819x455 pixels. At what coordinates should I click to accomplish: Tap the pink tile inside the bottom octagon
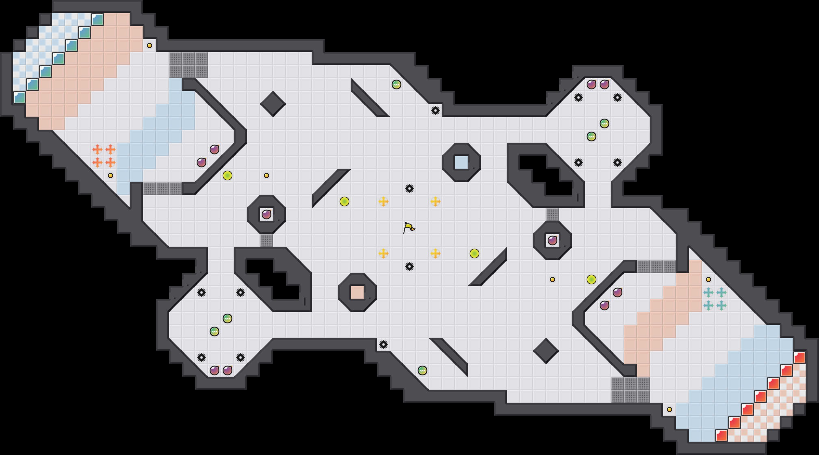pos(357,292)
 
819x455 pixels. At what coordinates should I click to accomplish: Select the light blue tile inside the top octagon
pos(461,162)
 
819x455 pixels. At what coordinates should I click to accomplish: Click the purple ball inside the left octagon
pos(266,214)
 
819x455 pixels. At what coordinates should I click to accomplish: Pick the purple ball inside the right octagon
pos(552,240)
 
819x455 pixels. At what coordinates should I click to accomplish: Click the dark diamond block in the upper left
pos(273,104)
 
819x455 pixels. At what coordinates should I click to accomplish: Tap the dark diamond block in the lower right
pos(546,351)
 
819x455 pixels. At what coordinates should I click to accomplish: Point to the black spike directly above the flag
pos(409,188)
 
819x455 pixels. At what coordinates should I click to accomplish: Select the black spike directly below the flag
pos(409,266)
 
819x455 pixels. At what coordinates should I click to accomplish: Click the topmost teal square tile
pos(97,19)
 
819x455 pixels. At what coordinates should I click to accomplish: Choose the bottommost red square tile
pos(721,435)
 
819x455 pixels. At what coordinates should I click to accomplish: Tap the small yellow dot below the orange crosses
pos(110,175)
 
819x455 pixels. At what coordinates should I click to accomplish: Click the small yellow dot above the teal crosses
pos(708,279)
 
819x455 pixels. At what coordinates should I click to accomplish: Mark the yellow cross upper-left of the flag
pos(383,201)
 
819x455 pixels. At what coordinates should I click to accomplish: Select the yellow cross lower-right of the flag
pos(435,253)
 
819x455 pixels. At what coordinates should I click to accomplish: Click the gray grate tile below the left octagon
pos(266,240)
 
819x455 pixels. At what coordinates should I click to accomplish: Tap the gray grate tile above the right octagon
pos(552,214)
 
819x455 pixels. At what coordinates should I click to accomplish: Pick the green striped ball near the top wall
pos(396,84)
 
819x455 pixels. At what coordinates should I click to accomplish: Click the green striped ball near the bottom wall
pos(422,370)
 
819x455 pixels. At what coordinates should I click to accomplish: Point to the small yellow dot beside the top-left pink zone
pos(149,45)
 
